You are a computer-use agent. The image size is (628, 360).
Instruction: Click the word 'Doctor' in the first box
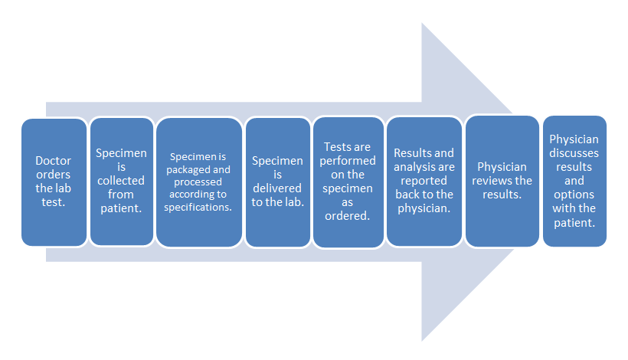pos(54,161)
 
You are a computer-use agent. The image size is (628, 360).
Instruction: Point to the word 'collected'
pos(121,181)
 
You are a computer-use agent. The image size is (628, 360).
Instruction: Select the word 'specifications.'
pos(199,206)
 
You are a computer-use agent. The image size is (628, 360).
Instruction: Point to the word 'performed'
pos(348,161)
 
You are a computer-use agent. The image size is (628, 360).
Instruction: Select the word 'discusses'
pos(574,153)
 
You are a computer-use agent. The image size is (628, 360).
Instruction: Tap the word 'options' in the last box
pos(574,195)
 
